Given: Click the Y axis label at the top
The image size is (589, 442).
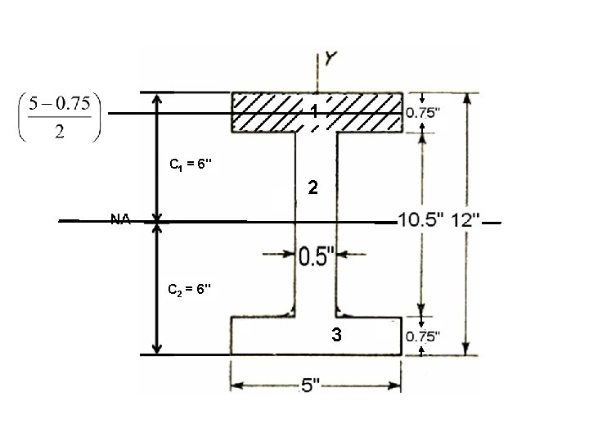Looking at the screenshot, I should click(x=332, y=59).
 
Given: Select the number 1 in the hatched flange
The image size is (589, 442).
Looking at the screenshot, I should click(x=314, y=113).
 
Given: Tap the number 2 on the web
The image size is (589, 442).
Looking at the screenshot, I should click(x=312, y=189).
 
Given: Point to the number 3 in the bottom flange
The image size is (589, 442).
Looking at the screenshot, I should click(x=335, y=334).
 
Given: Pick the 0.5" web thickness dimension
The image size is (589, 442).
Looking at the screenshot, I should click(x=314, y=256).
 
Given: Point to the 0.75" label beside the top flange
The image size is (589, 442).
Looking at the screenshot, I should click(x=427, y=112).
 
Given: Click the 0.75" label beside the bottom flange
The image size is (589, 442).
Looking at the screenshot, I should click(x=427, y=336).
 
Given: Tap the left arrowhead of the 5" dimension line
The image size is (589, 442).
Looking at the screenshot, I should click(x=235, y=385).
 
